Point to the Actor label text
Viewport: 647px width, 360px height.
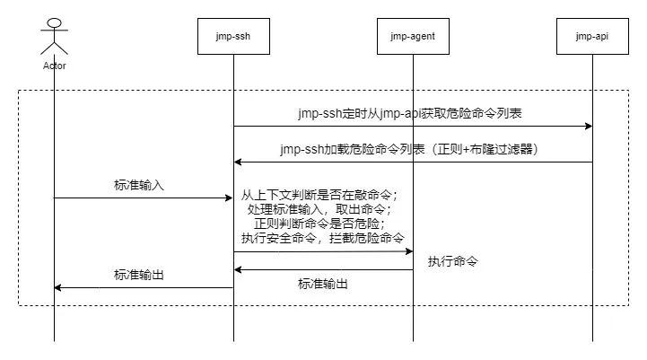pos(55,66)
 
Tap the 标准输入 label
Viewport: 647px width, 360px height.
pos(139,186)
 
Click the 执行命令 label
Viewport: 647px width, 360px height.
pos(453,262)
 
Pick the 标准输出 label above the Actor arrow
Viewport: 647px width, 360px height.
pos(139,276)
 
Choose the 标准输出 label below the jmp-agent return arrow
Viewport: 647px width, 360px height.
pos(323,284)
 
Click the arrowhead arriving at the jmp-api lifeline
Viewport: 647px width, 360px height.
pos(588,127)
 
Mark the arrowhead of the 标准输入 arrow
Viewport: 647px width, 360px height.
pos(229,198)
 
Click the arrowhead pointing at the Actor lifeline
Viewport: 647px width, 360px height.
pos(59,288)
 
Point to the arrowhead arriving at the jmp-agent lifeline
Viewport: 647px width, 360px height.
pos(408,252)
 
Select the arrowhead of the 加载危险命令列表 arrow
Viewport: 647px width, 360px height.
pos(239,162)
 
